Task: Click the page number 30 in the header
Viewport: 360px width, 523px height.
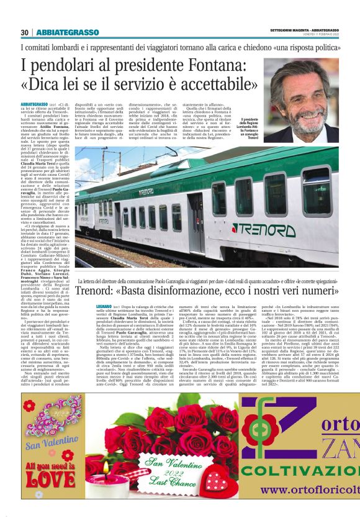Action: coord(25,32)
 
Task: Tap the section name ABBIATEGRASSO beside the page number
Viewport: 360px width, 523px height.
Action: coord(68,32)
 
